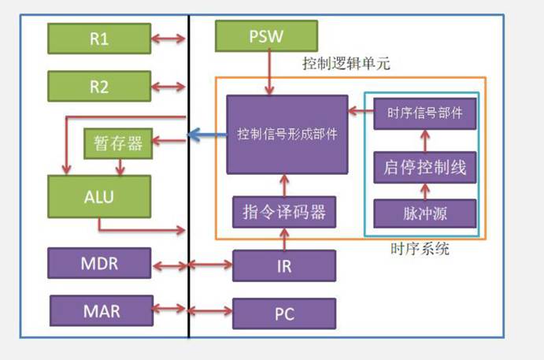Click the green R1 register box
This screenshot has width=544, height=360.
point(99,39)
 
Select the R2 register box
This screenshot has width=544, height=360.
point(99,86)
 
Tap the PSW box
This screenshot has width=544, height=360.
point(266,36)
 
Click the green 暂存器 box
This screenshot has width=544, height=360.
point(118,143)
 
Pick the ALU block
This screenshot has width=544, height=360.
point(99,196)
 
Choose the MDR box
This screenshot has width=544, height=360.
point(99,263)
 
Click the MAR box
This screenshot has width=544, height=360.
point(102,310)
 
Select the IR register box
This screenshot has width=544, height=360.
point(284,265)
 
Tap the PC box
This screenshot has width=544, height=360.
point(284,314)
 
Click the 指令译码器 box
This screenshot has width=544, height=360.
point(284,212)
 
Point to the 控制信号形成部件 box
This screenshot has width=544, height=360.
point(287,135)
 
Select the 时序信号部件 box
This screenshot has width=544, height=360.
point(425,113)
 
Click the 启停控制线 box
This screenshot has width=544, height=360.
point(425,167)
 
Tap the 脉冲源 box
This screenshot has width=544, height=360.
point(425,213)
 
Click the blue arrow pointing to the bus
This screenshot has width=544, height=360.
point(208,135)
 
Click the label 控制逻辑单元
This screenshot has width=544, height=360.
point(346,63)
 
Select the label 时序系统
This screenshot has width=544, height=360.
point(420,249)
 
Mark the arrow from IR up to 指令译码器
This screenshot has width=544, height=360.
point(284,239)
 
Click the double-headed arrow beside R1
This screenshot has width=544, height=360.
point(168,39)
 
